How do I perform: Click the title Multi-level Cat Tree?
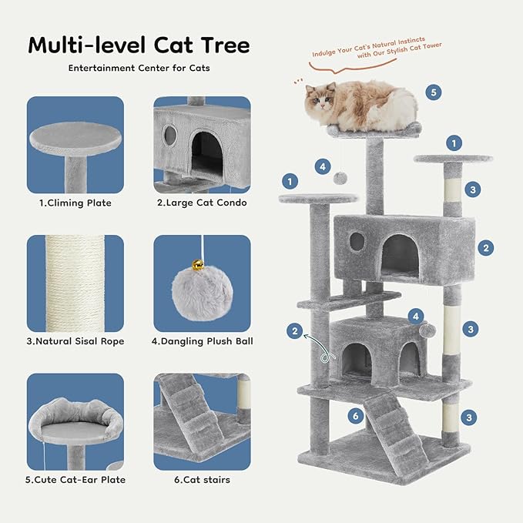click(x=139, y=45)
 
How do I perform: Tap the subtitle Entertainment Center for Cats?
click(x=139, y=68)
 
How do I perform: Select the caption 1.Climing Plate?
click(x=75, y=203)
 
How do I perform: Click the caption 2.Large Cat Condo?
click(x=202, y=203)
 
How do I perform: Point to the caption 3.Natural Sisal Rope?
click(x=75, y=341)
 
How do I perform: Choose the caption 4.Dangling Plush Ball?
click(x=202, y=341)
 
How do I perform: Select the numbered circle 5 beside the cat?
click(x=434, y=92)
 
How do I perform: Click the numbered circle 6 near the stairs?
click(x=354, y=416)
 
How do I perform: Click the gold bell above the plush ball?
click(x=198, y=265)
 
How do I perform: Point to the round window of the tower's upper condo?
click(x=357, y=241)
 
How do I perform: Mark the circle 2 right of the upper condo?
click(x=485, y=248)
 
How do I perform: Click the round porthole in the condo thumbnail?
click(x=171, y=136)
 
